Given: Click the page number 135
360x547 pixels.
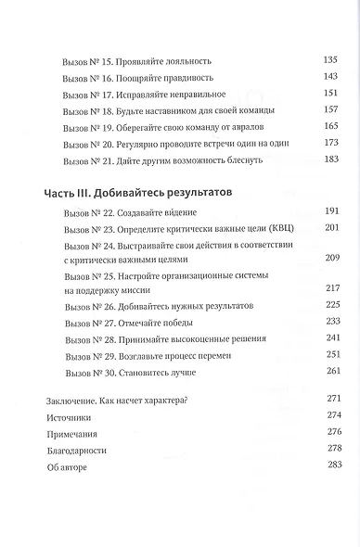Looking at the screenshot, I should pos(331,60).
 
